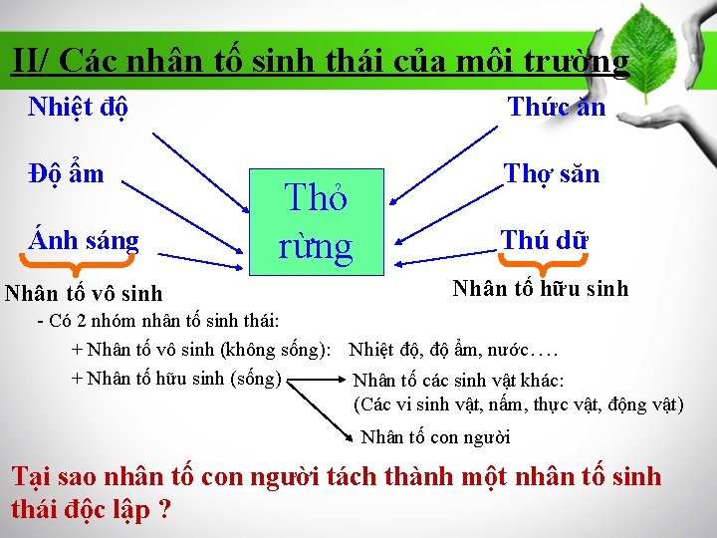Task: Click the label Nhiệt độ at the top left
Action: pyautogui.click(x=78, y=107)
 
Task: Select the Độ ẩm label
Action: pyautogui.click(x=66, y=173)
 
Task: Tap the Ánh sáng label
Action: pyautogui.click(x=84, y=240)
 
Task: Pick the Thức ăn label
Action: pyautogui.click(x=557, y=107)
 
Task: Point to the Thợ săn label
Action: pyautogui.click(x=552, y=173)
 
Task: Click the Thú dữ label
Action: pyautogui.click(x=545, y=240)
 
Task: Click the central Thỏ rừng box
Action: pyautogui.click(x=315, y=221)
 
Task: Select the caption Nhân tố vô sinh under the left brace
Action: pyautogui.click(x=84, y=294)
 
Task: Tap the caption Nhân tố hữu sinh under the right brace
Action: pyautogui.click(x=541, y=289)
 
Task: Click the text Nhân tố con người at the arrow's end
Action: pyautogui.click(x=435, y=436)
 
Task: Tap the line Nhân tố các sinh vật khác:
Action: pyautogui.click(x=459, y=381)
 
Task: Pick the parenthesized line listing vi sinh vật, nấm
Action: pyautogui.click(x=518, y=403)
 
